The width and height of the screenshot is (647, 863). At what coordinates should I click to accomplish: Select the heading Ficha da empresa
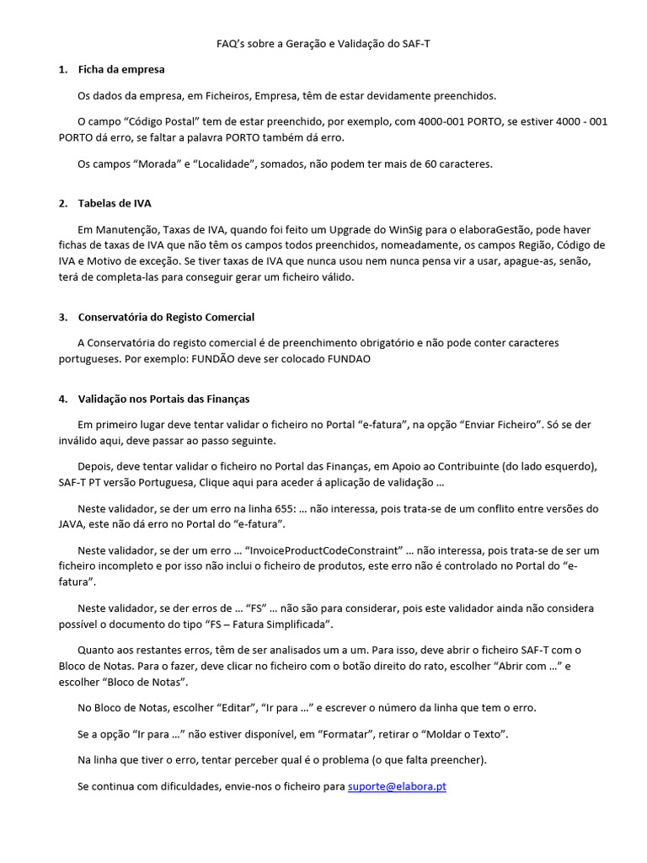[121, 69]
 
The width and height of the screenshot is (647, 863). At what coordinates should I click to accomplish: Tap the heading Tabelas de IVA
[115, 203]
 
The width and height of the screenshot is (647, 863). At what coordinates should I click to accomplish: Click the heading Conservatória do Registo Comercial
[166, 317]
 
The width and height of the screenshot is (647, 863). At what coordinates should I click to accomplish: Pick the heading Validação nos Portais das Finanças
[163, 399]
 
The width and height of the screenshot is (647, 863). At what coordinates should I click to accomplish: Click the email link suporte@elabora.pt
[397, 786]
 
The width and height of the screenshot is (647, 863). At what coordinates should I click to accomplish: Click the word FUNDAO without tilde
[346, 358]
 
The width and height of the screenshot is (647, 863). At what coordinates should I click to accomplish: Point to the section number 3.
[62, 317]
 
